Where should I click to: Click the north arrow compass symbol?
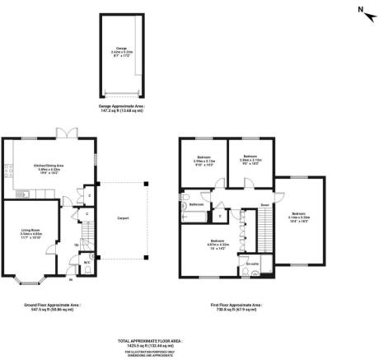pos(360,11)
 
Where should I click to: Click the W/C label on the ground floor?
pos(87,264)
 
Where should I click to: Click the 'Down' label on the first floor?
pos(265,204)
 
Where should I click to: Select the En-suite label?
pos(253,264)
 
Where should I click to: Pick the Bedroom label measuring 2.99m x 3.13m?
pos(204,161)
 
